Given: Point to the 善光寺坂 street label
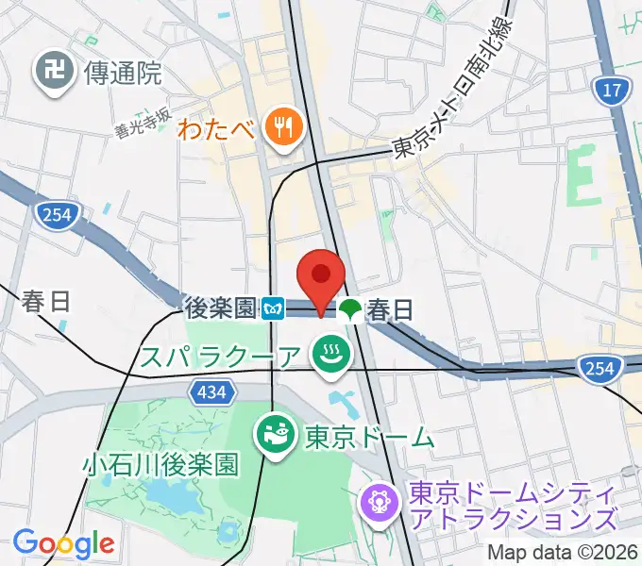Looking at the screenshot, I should [143, 122].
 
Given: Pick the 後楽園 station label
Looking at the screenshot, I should [220, 308].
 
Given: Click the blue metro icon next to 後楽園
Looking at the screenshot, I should [274, 308].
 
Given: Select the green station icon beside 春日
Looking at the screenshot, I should [350, 308].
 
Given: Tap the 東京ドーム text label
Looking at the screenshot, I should [369, 437].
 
